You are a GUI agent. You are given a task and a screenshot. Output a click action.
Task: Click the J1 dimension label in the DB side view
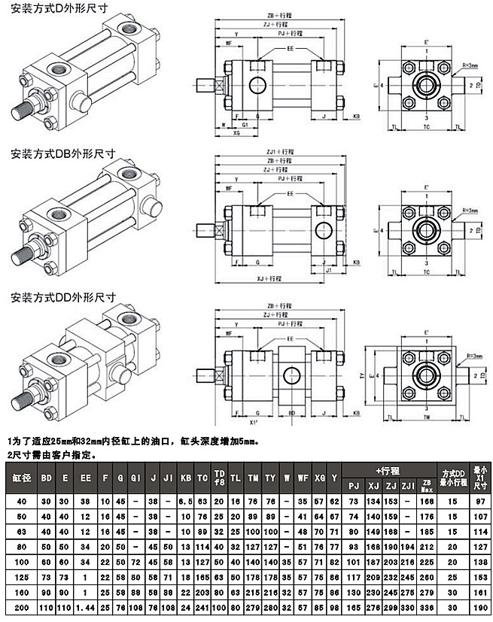(x=328, y=269)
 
